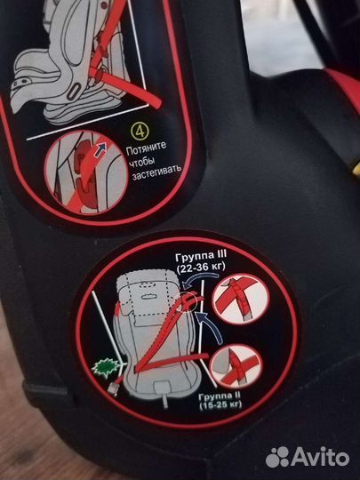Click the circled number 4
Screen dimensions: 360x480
tap(140, 132)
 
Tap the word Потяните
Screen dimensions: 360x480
tap(147, 148)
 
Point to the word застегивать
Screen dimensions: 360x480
tap(156, 173)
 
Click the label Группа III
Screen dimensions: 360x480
tap(201, 256)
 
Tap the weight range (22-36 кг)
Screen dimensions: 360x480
tap(201, 268)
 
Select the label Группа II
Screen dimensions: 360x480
tap(220, 396)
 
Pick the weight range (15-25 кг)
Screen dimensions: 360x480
tap(220, 405)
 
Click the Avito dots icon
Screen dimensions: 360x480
tap(277, 457)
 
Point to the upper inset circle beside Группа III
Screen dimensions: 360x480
tap(241, 299)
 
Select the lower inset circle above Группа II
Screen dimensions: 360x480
tap(236, 366)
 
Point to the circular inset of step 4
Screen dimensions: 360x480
tap(86, 172)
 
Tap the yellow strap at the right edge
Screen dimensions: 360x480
tap(356, 169)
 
